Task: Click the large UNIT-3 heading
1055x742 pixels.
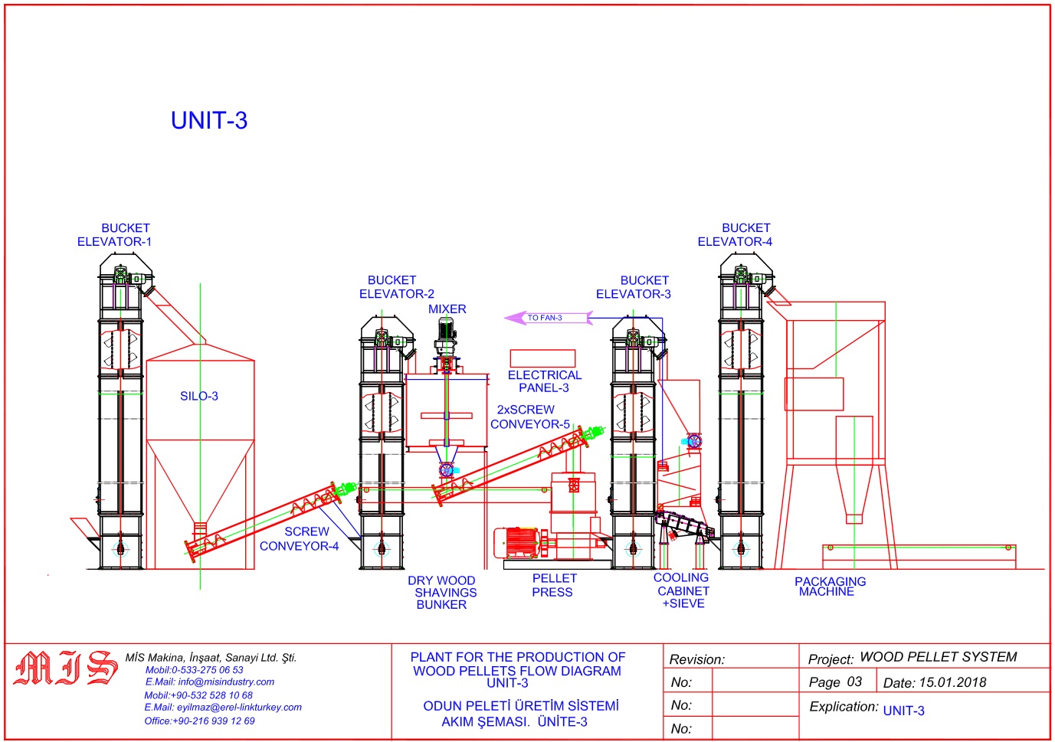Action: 209,120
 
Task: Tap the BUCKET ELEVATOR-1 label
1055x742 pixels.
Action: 115,235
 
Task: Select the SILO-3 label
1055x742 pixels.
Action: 199,396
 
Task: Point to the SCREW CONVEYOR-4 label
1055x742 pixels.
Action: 300,539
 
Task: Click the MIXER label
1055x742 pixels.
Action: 447,309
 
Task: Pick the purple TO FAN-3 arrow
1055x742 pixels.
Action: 547,318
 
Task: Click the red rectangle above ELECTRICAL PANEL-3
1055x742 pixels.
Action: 542,358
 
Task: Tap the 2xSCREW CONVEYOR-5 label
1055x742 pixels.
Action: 529,417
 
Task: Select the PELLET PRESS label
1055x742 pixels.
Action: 553,585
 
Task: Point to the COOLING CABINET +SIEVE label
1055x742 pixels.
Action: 682,590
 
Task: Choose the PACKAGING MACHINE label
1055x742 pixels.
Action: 830,587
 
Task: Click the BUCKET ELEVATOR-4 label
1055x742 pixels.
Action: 736,235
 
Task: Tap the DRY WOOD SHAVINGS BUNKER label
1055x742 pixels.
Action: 442,593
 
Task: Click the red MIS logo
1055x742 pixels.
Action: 66,668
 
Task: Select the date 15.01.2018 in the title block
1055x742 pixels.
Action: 952,682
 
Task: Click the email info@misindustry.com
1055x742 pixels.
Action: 210,682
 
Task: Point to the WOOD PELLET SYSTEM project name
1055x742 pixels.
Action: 939,657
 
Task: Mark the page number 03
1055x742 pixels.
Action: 854,682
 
